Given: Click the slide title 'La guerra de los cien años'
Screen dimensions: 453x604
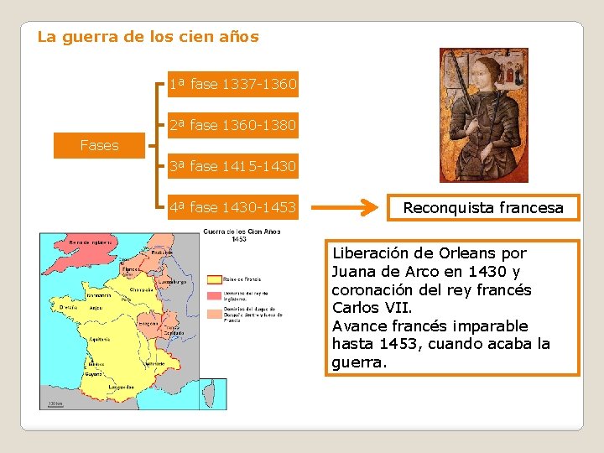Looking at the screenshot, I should pos(148,37).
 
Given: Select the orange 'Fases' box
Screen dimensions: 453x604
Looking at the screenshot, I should pos(99,145).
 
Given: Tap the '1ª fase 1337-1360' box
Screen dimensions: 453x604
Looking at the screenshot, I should pos(232,85).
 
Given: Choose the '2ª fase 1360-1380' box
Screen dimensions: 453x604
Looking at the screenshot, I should pos(232,126).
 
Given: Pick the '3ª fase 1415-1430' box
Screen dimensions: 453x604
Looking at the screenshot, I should pos(232,166).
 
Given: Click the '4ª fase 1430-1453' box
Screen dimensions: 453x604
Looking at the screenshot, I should pos(232,207).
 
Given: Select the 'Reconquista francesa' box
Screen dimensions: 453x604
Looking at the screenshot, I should pos(483,207).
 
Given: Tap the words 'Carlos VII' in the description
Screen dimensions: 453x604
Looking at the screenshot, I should pos(366,307).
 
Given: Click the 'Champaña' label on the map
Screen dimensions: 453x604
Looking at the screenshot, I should pos(140,289).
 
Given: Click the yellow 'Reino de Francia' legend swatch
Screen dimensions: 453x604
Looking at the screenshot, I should pos(215,279).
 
